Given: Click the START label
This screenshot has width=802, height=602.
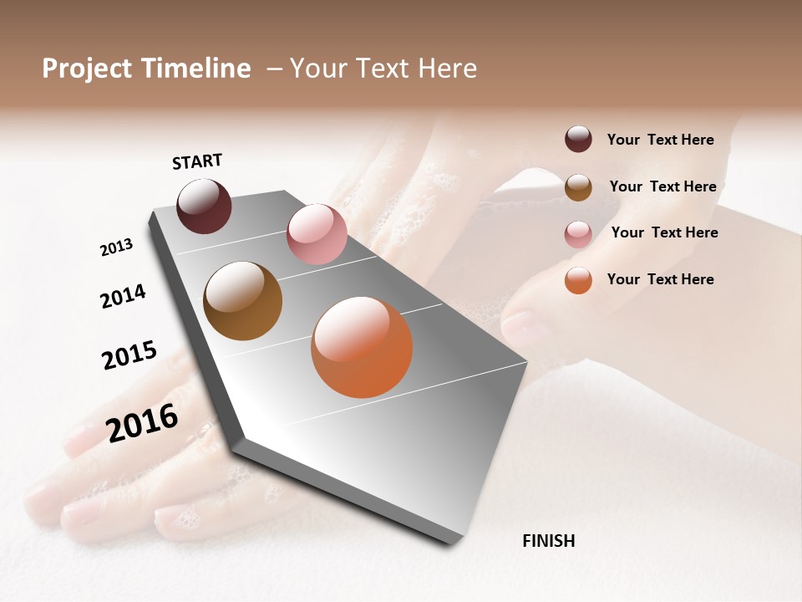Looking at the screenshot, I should click(x=197, y=161).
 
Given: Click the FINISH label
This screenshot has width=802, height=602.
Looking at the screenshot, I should click(x=548, y=541).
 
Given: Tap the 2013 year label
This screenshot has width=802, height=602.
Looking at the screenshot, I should click(x=116, y=247).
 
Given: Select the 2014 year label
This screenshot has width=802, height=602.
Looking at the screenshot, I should click(x=123, y=296).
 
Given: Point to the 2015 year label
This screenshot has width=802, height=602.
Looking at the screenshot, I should click(x=129, y=355).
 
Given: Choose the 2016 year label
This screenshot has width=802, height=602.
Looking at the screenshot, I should click(x=142, y=422).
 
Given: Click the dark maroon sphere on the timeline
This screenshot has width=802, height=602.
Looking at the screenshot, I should click(x=204, y=206).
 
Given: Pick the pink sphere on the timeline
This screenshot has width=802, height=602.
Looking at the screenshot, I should click(x=317, y=233).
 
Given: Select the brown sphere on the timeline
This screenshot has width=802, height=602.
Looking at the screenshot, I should click(x=242, y=301).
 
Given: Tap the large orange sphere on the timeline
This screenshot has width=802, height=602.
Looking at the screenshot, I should click(x=362, y=347).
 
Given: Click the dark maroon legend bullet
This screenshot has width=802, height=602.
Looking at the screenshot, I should click(x=578, y=140).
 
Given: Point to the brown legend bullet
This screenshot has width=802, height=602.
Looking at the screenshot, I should click(x=578, y=187).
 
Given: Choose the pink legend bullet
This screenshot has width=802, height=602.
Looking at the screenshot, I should click(x=578, y=233).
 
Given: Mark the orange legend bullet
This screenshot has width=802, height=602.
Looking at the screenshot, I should click(x=578, y=280).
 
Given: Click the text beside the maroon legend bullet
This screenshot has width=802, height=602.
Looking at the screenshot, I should click(x=660, y=140).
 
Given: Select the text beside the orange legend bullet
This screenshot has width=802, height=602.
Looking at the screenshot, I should click(x=660, y=279).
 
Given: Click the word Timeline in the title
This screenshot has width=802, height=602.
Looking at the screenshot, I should click(x=195, y=69).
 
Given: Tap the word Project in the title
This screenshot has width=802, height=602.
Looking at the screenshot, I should click(x=87, y=69).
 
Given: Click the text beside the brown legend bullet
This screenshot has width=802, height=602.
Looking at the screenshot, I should click(x=662, y=186).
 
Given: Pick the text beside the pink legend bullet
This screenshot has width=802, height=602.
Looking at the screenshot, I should click(x=664, y=232).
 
